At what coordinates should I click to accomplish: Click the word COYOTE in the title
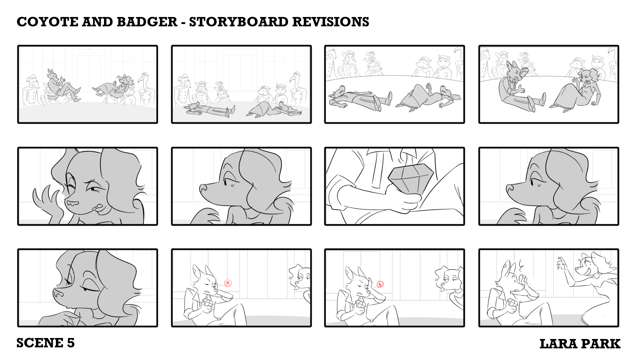point(47,22)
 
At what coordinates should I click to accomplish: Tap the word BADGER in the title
point(147,22)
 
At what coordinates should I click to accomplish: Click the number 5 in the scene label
point(71,343)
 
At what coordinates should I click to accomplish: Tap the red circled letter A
point(228,283)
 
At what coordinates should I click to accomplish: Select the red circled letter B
point(380,284)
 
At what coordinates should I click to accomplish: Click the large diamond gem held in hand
point(411,178)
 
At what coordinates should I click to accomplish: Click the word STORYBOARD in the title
point(239,22)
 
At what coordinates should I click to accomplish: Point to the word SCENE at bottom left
point(40,343)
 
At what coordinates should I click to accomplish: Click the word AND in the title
point(97,22)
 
